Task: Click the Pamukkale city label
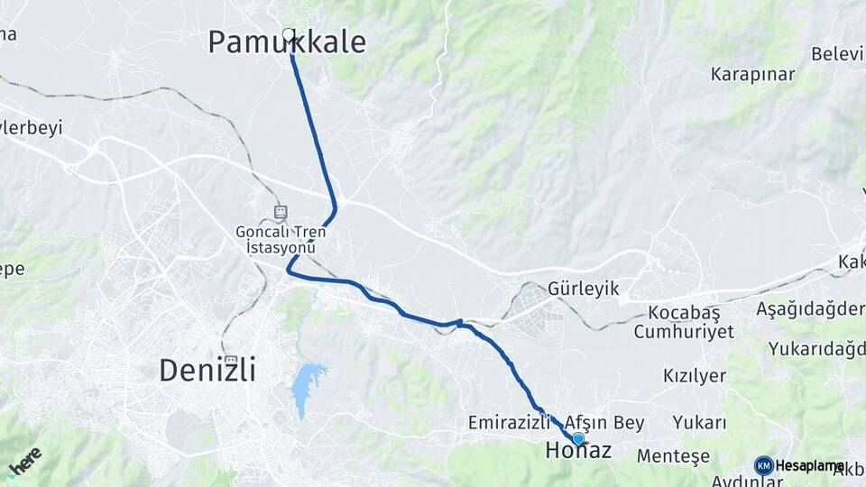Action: [x=287, y=41]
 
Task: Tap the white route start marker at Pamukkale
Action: [x=289, y=35]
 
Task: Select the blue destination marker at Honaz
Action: [x=578, y=438]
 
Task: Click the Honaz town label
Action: [x=578, y=450]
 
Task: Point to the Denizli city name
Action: [x=207, y=369]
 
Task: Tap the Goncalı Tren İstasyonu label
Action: [x=281, y=239]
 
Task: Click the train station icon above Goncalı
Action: [x=281, y=213]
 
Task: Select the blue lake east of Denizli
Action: [x=307, y=388]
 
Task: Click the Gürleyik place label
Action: [x=583, y=289]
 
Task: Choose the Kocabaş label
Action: [x=683, y=313]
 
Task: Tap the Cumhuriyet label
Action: [x=683, y=332]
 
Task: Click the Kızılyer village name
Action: [x=695, y=375]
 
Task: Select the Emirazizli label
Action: [x=509, y=422]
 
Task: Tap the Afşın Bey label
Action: [x=604, y=422]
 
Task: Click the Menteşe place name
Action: [x=673, y=456]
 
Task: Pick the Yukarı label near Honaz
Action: [x=699, y=422]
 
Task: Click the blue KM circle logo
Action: [x=764, y=465]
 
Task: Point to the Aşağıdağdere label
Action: [x=810, y=308]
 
